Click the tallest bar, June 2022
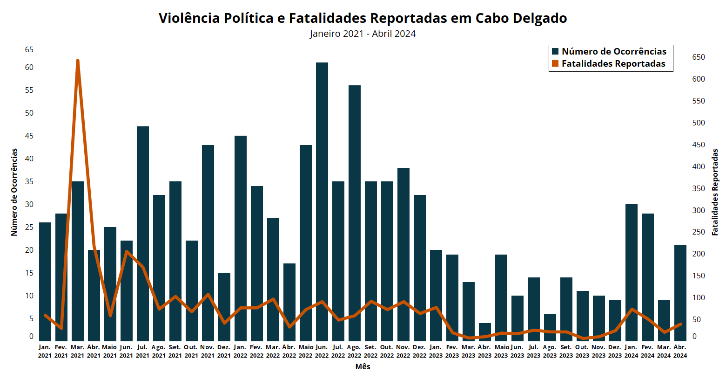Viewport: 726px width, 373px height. click(322, 200)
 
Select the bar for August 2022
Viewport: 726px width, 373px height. click(355, 212)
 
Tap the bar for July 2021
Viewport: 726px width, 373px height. click(143, 233)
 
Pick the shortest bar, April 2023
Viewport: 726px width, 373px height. click(485, 332)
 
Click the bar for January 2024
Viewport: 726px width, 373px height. click(632, 272)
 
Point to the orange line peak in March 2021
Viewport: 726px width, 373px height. click(78, 61)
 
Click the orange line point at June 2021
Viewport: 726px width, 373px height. click(127, 252)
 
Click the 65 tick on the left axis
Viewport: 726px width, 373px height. click(29, 49)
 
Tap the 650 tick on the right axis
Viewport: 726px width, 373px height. click(699, 57)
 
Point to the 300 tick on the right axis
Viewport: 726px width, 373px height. click(699, 210)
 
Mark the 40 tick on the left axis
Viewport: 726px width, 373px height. click(29, 159)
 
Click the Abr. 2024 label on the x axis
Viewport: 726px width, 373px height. click(680, 351)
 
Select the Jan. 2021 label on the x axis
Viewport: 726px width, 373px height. click(45, 351)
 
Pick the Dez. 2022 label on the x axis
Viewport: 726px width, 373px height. click(419, 351)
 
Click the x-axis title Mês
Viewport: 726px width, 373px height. click(363, 366)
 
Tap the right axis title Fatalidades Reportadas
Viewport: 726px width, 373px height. click(715, 192)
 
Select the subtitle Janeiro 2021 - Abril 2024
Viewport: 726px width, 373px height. click(363, 34)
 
